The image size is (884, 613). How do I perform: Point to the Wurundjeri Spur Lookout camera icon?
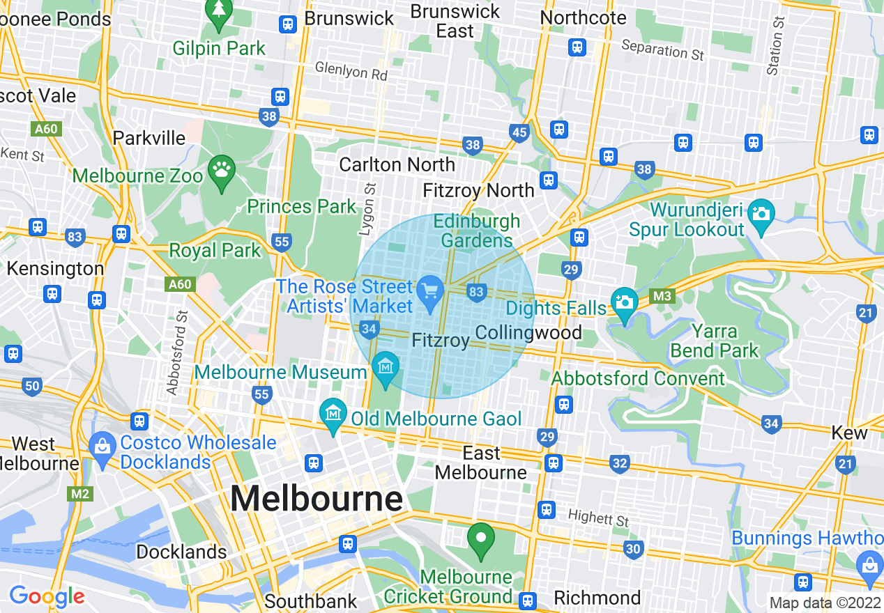pyautogui.click(x=761, y=212)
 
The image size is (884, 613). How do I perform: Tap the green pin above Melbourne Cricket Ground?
pyautogui.click(x=480, y=538)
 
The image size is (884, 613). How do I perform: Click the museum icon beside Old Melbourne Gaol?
pyautogui.click(x=334, y=413)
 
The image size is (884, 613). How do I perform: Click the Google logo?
pyautogui.click(x=46, y=596)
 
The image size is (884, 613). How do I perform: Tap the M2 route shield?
pyautogui.click(x=80, y=494)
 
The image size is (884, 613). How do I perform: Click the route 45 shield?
pyautogui.click(x=519, y=133)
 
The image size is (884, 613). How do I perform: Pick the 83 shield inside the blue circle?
pyautogui.click(x=477, y=292)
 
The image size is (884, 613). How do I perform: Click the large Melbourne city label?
pyautogui.click(x=317, y=499)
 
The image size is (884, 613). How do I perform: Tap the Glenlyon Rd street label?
pyautogui.click(x=351, y=70)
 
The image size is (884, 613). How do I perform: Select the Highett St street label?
pyautogui.click(x=597, y=519)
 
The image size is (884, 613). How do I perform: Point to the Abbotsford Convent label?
pyautogui.click(x=638, y=378)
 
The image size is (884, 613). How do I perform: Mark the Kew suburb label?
pyautogui.click(x=849, y=433)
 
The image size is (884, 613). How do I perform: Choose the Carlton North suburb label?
pyautogui.click(x=397, y=164)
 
